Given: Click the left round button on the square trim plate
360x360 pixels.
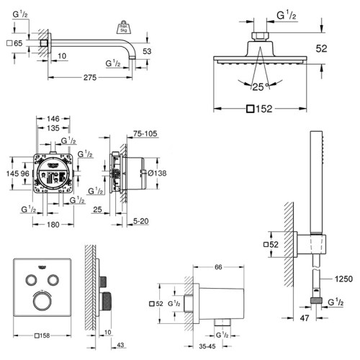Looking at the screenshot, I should click(31, 279).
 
